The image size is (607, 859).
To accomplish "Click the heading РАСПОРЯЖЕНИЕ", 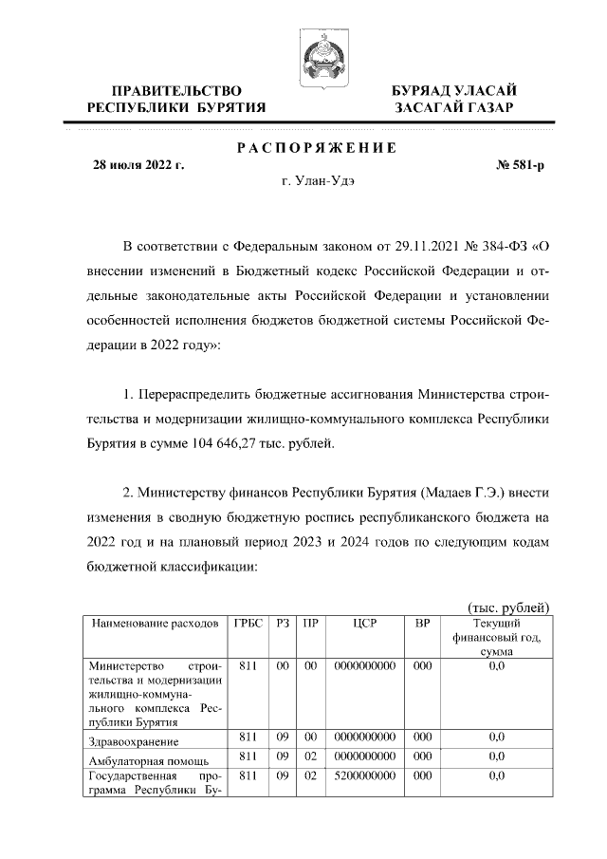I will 316,148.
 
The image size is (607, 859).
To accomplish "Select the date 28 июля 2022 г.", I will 138,165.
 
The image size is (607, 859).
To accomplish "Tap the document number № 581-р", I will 521,165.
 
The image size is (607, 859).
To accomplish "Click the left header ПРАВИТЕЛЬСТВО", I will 175,90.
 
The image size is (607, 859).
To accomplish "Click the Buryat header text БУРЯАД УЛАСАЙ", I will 454,90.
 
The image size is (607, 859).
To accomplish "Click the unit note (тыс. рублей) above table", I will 509,607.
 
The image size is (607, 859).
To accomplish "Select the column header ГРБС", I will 248,624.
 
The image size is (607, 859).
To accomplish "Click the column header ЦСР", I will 364,624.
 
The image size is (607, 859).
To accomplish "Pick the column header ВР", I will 423,624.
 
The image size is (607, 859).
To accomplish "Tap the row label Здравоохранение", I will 132,740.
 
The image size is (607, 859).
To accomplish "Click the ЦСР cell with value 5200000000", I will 364,775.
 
